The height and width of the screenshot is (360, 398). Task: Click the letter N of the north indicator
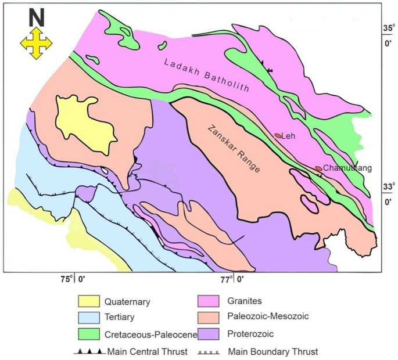coord(36,19)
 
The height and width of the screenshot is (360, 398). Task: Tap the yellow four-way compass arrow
coord(36,44)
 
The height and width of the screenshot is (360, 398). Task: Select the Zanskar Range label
coord(235,148)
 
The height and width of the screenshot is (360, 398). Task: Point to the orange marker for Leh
coord(278,136)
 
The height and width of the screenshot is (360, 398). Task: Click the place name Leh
coord(290,137)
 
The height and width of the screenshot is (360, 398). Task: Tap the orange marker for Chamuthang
coord(318,168)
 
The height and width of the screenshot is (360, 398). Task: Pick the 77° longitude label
coord(232,279)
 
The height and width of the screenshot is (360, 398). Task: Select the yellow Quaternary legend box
coord(88,302)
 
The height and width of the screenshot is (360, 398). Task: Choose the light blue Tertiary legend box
coord(88,317)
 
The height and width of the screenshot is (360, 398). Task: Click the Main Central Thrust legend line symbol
coord(89,351)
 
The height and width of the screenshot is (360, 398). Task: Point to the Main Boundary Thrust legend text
coord(273,351)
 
